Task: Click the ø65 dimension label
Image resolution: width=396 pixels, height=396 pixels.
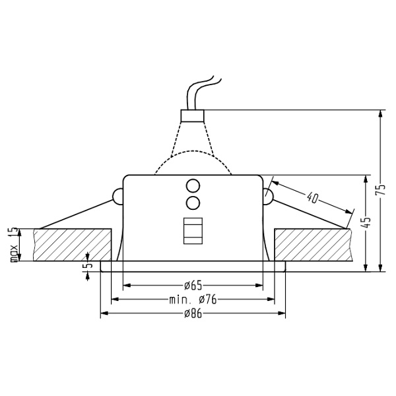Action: pyautogui.click(x=193, y=286)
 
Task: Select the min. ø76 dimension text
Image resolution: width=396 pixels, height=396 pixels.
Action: pyautogui.click(x=193, y=300)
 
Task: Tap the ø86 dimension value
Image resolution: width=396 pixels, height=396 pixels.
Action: pyautogui.click(x=193, y=313)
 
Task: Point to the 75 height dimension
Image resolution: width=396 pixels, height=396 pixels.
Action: pyautogui.click(x=380, y=190)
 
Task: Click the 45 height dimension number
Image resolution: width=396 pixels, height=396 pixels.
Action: pyautogui.click(x=367, y=223)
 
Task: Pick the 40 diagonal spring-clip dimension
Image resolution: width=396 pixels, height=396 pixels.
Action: pyautogui.click(x=312, y=196)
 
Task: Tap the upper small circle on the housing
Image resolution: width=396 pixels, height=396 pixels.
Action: pyautogui.click(x=193, y=185)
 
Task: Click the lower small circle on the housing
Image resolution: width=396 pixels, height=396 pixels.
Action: pyautogui.click(x=193, y=201)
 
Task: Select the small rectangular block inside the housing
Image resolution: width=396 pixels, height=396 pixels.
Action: pyautogui.click(x=193, y=231)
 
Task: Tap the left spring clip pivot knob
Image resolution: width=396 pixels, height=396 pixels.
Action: pyautogui.click(x=117, y=196)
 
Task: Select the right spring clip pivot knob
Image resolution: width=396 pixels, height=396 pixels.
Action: pyautogui.click(x=268, y=196)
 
